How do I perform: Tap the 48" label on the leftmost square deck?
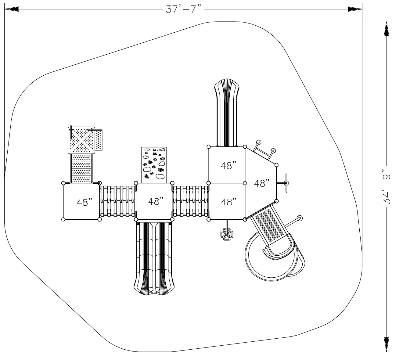click(84, 202)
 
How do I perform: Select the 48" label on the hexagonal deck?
click(262, 183)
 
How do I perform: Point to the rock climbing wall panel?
click(154, 165)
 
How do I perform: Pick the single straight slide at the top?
click(227, 113)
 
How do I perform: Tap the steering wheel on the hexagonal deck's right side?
click(285, 183)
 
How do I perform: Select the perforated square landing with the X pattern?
click(81, 140)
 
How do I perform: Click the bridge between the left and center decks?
click(118, 201)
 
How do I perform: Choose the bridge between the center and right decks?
click(191, 201)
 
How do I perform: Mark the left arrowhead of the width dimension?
click(12, 9)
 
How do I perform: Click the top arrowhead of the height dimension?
click(386, 29)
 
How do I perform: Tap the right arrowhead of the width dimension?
click(355, 9)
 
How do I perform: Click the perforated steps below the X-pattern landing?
click(81, 168)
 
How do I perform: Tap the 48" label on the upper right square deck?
click(228, 166)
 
